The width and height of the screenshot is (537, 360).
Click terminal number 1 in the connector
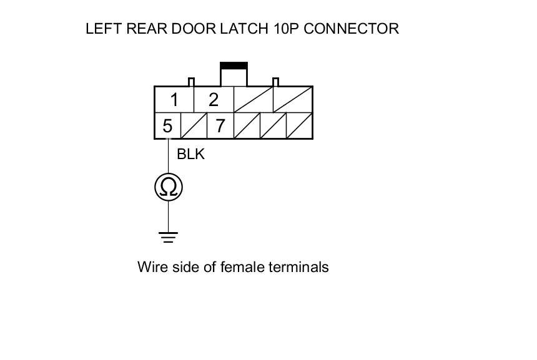(174, 100)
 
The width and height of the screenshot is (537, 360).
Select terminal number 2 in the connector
(214, 100)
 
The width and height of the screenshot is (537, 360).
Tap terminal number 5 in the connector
(167, 126)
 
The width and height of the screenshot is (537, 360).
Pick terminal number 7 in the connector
(220, 126)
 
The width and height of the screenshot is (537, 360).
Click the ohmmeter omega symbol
(169, 187)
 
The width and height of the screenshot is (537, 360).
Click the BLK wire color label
(190, 154)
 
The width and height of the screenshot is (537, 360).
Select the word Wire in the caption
(152, 267)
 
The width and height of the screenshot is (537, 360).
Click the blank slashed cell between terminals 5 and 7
(194, 126)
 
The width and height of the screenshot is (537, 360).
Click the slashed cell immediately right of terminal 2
(253, 100)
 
